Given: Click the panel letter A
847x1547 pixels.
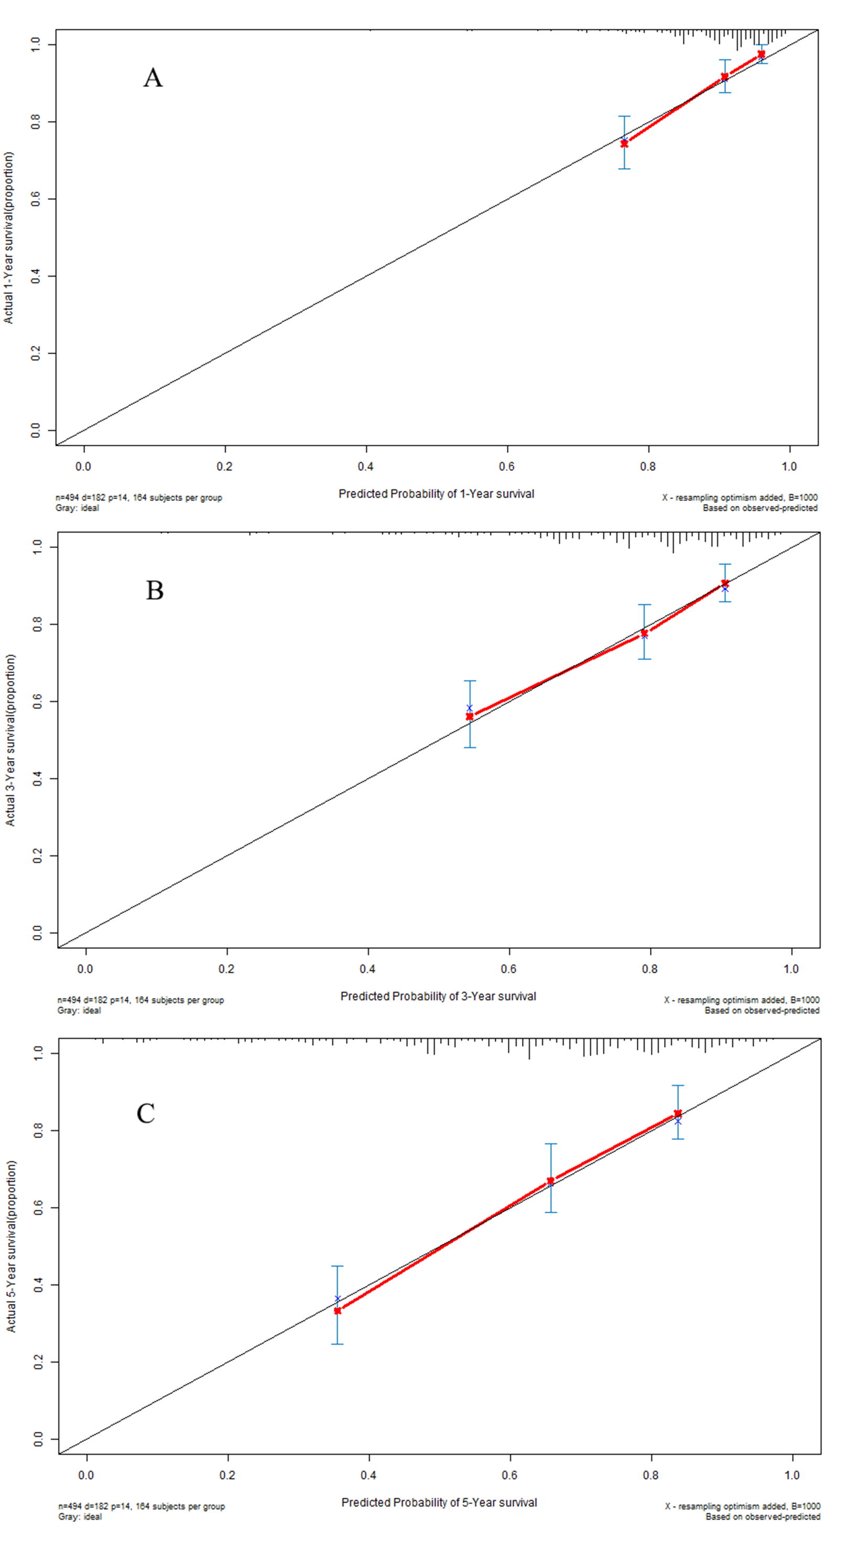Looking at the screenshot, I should pyautogui.click(x=153, y=78).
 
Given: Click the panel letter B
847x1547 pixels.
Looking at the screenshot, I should pyautogui.click(x=155, y=590).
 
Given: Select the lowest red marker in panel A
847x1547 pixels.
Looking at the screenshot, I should pyautogui.click(x=624, y=144).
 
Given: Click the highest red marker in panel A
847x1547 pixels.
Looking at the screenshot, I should pyautogui.click(x=761, y=54).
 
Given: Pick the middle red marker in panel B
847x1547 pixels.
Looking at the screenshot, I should pyautogui.click(x=645, y=633).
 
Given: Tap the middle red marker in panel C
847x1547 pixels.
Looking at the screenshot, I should pyautogui.click(x=550, y=1181).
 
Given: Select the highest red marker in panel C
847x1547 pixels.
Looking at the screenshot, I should pyautogui.click(x=678, y=1113).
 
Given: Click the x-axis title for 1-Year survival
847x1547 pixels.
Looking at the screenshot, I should pyautogui.click(x=436, y=493).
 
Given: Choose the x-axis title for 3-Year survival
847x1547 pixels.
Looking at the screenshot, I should pyautogui.click(x=438, y=996).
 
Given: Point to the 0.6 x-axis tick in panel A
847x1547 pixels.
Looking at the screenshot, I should pyautogui.click(x=507, y=467).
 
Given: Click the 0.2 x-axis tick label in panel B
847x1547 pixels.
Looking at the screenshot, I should pyautogui.click(x=226, y=969).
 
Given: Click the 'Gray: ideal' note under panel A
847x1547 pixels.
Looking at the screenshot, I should pyautogui.click(x=78, y=508).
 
